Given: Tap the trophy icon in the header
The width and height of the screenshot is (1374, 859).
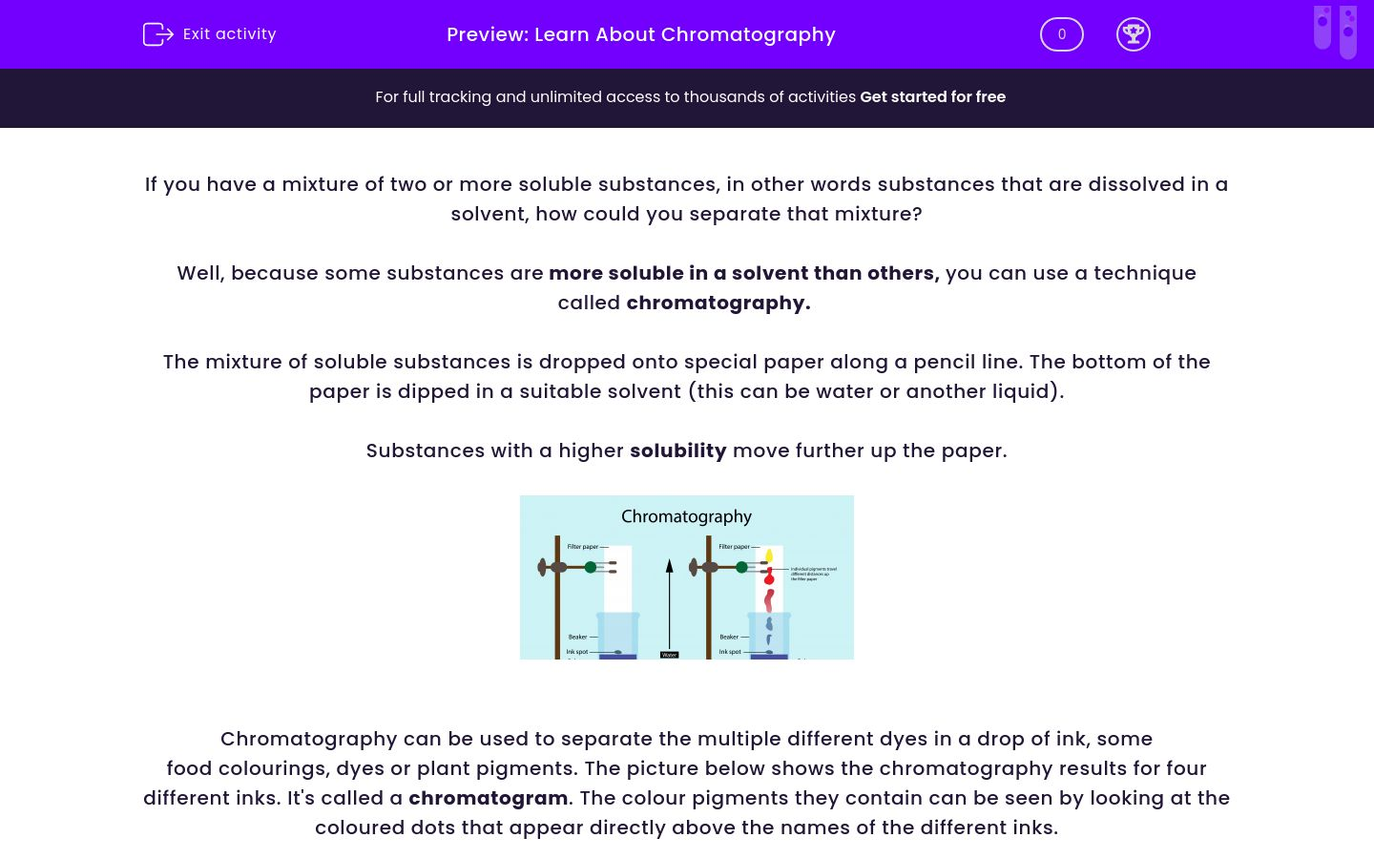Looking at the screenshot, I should (1133, 35).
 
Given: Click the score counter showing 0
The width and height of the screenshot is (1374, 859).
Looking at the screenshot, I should (1061, 35).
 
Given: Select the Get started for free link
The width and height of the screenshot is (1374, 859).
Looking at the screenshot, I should (932, 97).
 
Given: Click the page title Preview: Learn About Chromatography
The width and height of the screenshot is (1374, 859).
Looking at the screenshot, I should (640, 35).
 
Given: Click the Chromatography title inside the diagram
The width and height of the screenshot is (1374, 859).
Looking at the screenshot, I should (686, 516).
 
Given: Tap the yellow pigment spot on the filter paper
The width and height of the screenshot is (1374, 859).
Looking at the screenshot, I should (769, 555).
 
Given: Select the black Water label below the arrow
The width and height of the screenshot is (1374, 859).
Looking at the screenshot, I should (669, 655).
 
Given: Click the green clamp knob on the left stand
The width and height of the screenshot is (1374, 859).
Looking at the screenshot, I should (591, 568).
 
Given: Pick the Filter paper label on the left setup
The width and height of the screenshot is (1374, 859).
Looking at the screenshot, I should (583, 547).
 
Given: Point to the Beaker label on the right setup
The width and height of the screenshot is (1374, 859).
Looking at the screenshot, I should (730, 637).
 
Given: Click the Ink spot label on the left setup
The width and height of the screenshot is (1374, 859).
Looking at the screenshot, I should (577, 652).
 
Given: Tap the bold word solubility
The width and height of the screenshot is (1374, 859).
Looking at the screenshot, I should (677, 450).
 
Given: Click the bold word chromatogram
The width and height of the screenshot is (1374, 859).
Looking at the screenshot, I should (488, 798).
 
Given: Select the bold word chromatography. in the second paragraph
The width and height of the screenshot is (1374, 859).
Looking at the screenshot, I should (718, 303).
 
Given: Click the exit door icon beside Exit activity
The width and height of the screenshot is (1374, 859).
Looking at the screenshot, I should (156, 34).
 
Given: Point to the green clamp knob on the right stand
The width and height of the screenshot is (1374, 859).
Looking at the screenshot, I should (741, 568).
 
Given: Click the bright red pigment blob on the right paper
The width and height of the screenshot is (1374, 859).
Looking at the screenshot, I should (769, 576).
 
